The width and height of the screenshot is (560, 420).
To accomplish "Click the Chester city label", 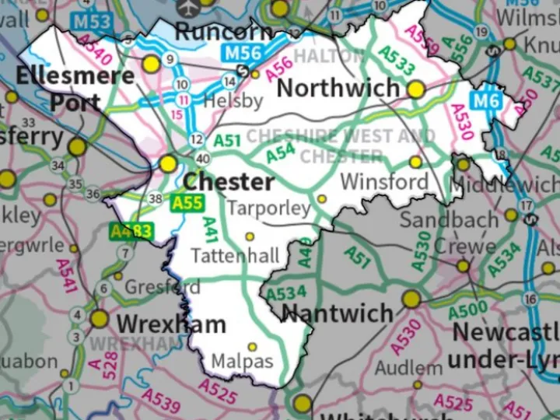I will [229, 182].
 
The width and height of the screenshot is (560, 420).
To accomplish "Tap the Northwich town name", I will [338, 88].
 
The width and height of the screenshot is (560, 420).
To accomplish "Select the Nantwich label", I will [337, 313].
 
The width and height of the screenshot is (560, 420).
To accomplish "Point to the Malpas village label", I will [243, 362].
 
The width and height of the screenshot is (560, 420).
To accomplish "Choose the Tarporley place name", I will [269, 208].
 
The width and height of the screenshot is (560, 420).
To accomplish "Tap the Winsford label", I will [384, 182].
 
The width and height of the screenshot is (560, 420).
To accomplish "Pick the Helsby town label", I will [233, 100].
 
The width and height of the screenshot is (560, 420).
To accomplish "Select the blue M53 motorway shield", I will [93, 22].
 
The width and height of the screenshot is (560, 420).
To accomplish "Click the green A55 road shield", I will [187, 204].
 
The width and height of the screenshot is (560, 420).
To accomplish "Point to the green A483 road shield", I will [131, 231].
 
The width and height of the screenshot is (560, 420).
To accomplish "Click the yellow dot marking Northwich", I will [416, 89].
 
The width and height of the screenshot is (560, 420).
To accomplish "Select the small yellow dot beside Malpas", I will [252, 347].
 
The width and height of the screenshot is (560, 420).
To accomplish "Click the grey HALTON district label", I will [329, 56].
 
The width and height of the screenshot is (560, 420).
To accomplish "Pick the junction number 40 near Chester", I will [204, 159].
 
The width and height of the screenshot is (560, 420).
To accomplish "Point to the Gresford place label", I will [163, 287].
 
